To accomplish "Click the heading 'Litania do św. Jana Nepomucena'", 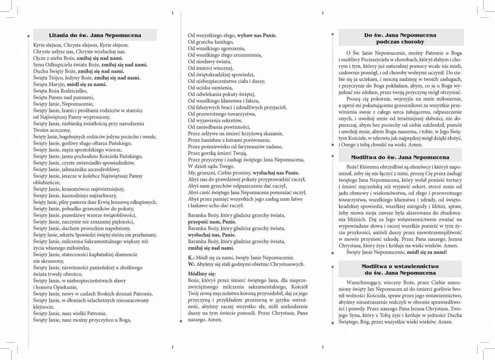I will point(95,35).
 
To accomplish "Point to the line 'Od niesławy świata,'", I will point(209,61).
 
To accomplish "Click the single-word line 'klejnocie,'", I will point(44,307).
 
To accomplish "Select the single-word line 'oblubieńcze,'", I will point(46,183).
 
